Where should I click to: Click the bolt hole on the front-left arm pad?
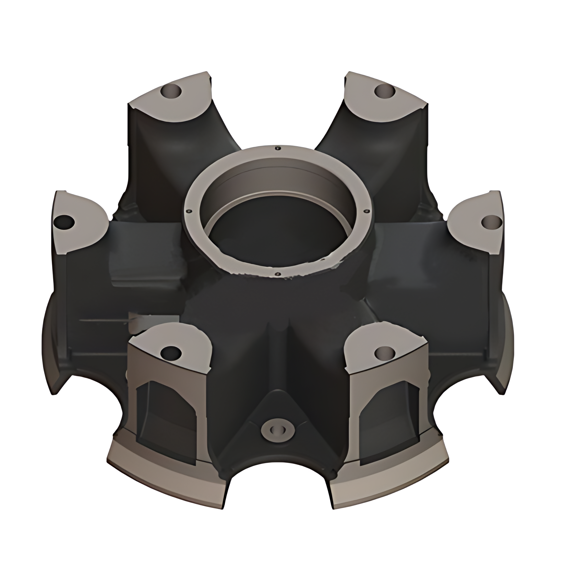click(x=171, y=352)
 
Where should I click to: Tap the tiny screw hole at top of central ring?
click(x=277, y=148)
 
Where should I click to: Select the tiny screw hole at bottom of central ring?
click(x=278, y=274)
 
